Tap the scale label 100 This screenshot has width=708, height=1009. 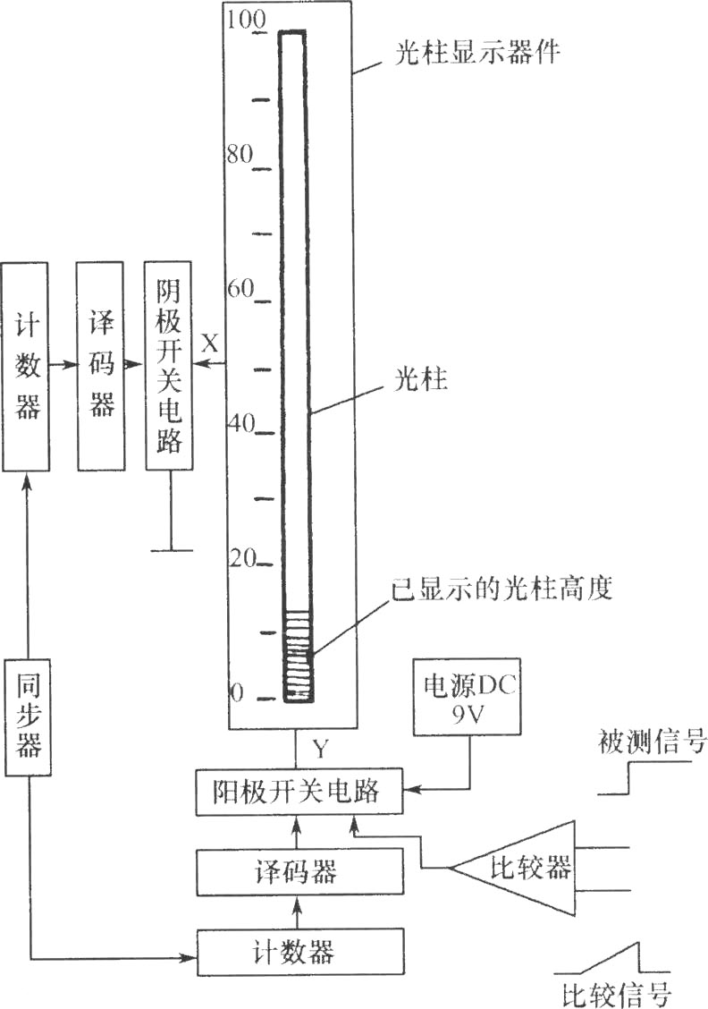click(246, 20)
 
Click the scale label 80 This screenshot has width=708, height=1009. click(240, 155)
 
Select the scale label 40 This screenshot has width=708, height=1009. click(242, 423)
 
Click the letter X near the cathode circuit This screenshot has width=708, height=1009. click(210, 343)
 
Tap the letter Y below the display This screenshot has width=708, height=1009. click(320, 749)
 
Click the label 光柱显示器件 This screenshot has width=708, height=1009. click(477, 52)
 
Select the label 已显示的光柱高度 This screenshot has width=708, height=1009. click(502, 589)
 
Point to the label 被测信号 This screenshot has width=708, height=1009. click(652, 742)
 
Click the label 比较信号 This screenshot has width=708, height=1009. click(615, 993)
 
